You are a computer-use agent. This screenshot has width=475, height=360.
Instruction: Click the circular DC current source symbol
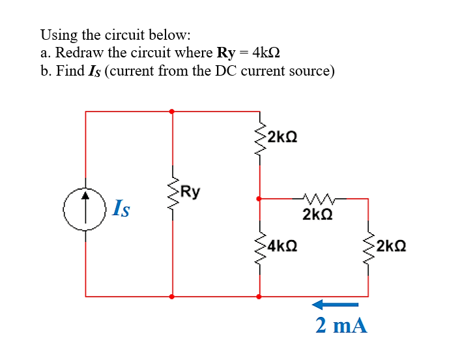click(x=85, y=209)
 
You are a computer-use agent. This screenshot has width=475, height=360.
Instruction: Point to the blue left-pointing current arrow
click(x=335, y=304)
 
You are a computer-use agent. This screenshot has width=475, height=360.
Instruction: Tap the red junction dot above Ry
click(x=173, y=112)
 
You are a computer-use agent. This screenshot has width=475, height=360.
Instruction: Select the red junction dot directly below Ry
click(x=173, y=296)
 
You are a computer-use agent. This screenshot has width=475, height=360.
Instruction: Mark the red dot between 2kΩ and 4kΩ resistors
click(x=259, y=198)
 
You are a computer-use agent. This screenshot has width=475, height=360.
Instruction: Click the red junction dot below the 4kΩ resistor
click(x=259, y=296)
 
